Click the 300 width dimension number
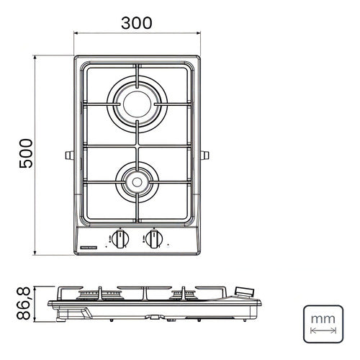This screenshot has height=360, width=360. point(137,22)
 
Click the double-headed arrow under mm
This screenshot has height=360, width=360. point(321,330)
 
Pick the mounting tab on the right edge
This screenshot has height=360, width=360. point(206,156)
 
